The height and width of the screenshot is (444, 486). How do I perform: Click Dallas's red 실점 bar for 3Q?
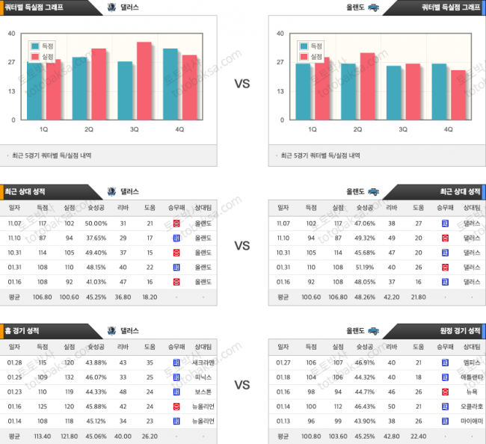pyautogui.click(x=144, y=82)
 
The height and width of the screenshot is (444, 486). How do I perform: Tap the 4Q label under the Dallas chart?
pyautogui.click(x=179, y=129)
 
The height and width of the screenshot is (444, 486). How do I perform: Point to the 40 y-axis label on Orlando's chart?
pyautogui.click(x=280, y=34)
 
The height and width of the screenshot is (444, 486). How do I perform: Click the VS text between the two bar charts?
pyautogui.click(x=242, y=84)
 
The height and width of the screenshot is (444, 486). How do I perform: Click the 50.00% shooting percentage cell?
pyautogui.click(x=96, y=223)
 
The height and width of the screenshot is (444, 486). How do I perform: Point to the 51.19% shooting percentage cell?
pyautogui.click(x=366, y=267)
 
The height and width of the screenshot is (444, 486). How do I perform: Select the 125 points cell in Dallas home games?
pyautogui.click(x=42, y=406)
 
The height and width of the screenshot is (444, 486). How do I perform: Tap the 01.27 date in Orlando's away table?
pyautogui.click(x=284, y=363)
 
